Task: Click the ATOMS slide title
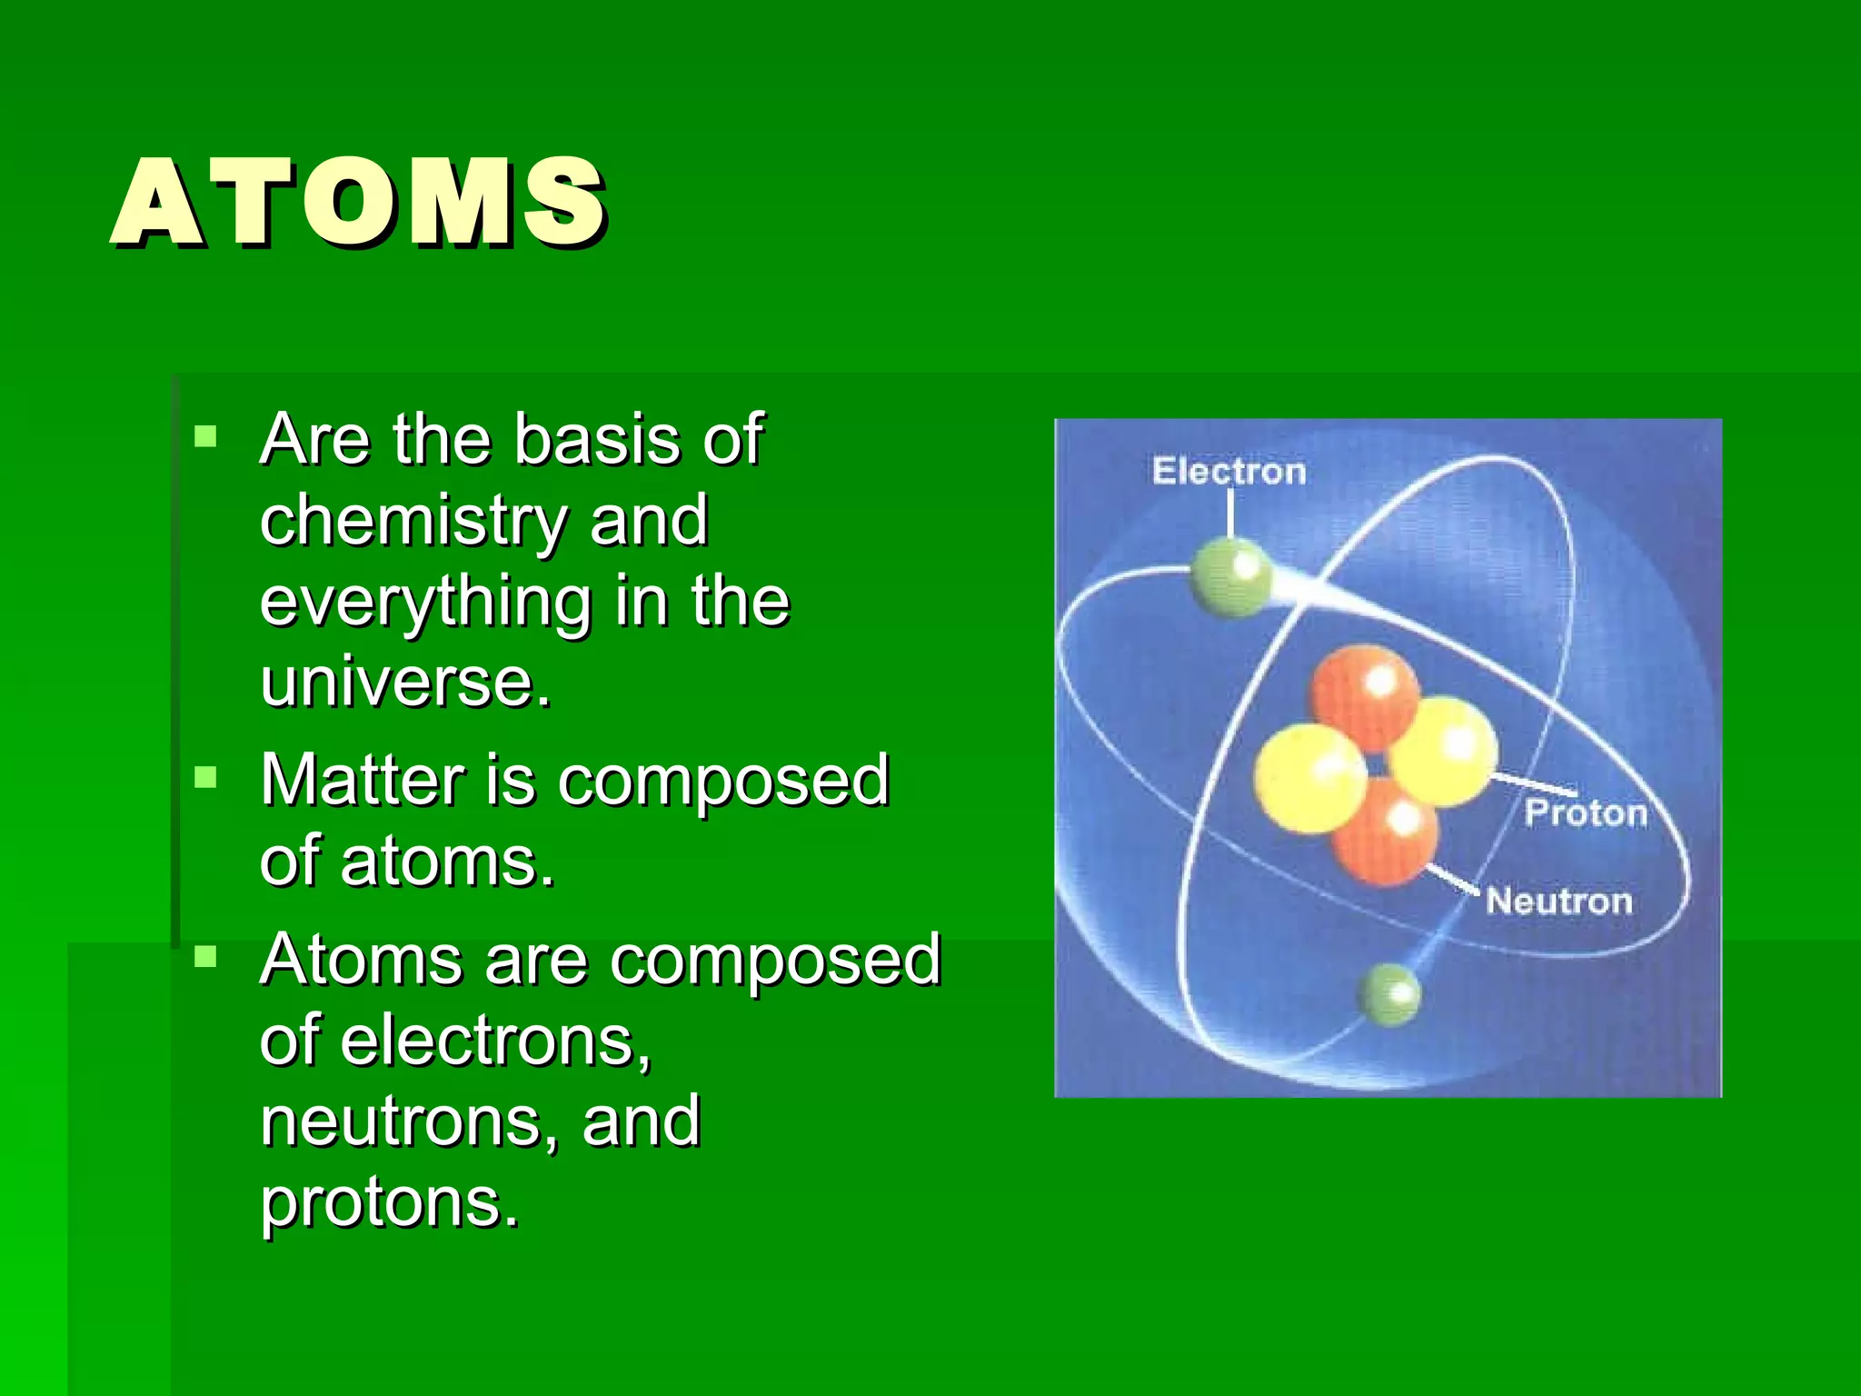359,202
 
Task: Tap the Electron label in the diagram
1229,472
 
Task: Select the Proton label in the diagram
1586,813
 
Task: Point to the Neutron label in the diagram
1559,902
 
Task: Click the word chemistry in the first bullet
413,521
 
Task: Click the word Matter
363,780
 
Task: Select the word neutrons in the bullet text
399,1122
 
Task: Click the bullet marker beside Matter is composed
206,778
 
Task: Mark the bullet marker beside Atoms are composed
206,957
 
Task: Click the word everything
425,602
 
